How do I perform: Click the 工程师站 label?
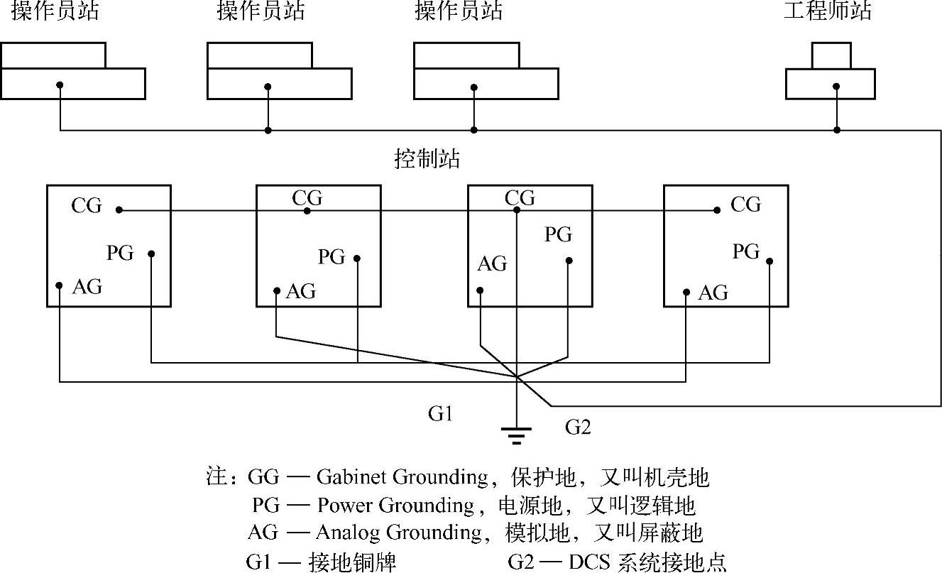[828, 11]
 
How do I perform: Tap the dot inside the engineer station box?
[837, 86]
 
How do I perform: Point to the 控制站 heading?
[427, 158]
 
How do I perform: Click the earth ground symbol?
[517, 434]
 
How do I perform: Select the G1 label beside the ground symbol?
[441, 414]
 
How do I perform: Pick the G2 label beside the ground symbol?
[578, 427]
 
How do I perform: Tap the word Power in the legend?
[345, 505]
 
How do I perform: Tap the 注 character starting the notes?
[215, 477]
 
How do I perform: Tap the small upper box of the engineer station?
[831, 55]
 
